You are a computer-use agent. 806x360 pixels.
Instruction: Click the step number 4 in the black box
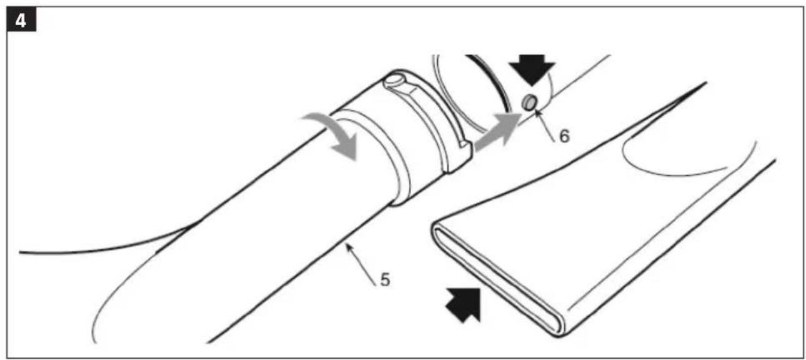tap(21, 21)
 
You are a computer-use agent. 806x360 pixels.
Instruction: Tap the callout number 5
tap(385, 280)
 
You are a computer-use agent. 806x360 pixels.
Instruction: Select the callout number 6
tap(564, 136)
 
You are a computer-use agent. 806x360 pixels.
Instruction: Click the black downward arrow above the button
tap(532, 69)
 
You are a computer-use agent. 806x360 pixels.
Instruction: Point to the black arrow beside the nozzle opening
tap(465, 304)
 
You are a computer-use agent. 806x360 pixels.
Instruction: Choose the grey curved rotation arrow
tap(336, 132)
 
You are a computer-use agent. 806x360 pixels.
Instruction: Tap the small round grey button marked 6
tap(530, 102)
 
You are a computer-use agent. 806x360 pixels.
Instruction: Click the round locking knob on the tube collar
tap(393, 81)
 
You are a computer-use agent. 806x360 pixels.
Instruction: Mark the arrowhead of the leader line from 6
tap(537, 112)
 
